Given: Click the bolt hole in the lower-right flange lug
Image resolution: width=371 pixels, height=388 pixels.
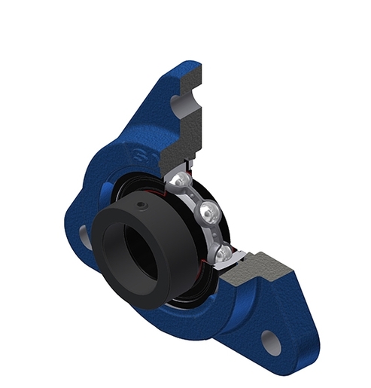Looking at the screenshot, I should (270, 343).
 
